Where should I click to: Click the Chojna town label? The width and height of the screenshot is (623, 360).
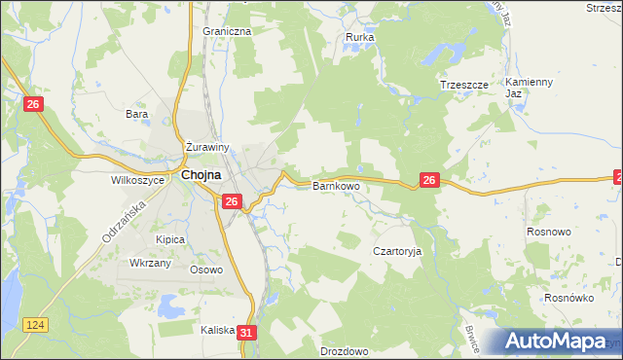pos(200,175)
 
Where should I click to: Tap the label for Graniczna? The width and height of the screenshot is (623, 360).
pos(228,31)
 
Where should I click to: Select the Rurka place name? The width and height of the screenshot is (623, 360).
pos(360,38)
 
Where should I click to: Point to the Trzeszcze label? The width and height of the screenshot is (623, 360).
pos(462,85)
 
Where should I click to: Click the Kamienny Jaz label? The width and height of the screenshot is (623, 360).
pos(530,87)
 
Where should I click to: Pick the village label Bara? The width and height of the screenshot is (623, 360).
pos(136,114)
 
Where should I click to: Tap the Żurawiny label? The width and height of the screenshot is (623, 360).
pos(207,148)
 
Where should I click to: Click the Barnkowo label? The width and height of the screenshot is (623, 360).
pos(336,185)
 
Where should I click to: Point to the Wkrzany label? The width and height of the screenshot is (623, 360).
pos(151,264)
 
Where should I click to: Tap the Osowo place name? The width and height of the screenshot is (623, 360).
pos(206,270)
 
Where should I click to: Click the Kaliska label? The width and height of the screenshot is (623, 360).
pos(218,330)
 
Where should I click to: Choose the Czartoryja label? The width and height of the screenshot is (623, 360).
pos(397,250)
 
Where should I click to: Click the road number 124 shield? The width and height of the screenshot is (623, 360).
pos(37,323)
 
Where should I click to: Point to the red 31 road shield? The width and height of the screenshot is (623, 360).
pos(247,333)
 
